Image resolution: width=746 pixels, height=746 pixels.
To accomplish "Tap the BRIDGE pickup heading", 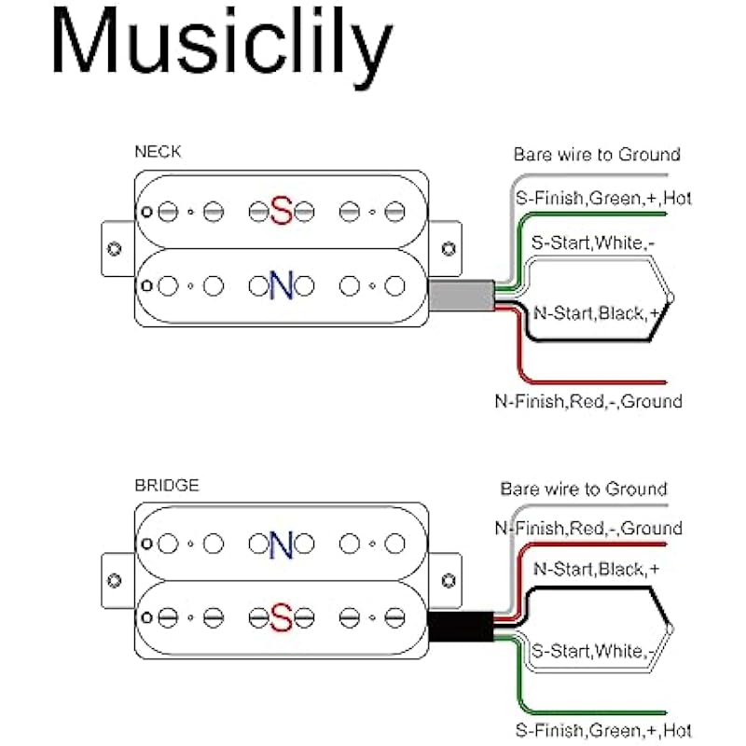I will [x=166, y=486].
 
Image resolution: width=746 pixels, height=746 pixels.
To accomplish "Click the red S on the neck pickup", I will [x=282, y=212].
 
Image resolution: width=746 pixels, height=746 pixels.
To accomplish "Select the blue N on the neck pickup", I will [x=282, y=285].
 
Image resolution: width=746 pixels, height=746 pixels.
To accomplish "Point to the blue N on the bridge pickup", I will [x=282, y=545].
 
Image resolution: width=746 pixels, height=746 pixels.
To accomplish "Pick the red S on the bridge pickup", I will [x=282, y=618].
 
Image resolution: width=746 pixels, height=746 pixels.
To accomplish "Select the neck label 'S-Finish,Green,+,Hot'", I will [x=603, y=199].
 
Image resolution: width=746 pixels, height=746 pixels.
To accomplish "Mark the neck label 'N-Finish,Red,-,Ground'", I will [x=588, y=402].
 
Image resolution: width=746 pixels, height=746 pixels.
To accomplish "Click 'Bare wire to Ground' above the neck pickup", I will [x=597, y=155].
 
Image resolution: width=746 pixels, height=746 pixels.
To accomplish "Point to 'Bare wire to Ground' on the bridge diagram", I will [x=584, y=489].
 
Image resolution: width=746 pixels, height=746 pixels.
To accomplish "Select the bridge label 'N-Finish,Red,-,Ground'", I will [x=588, y=529].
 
